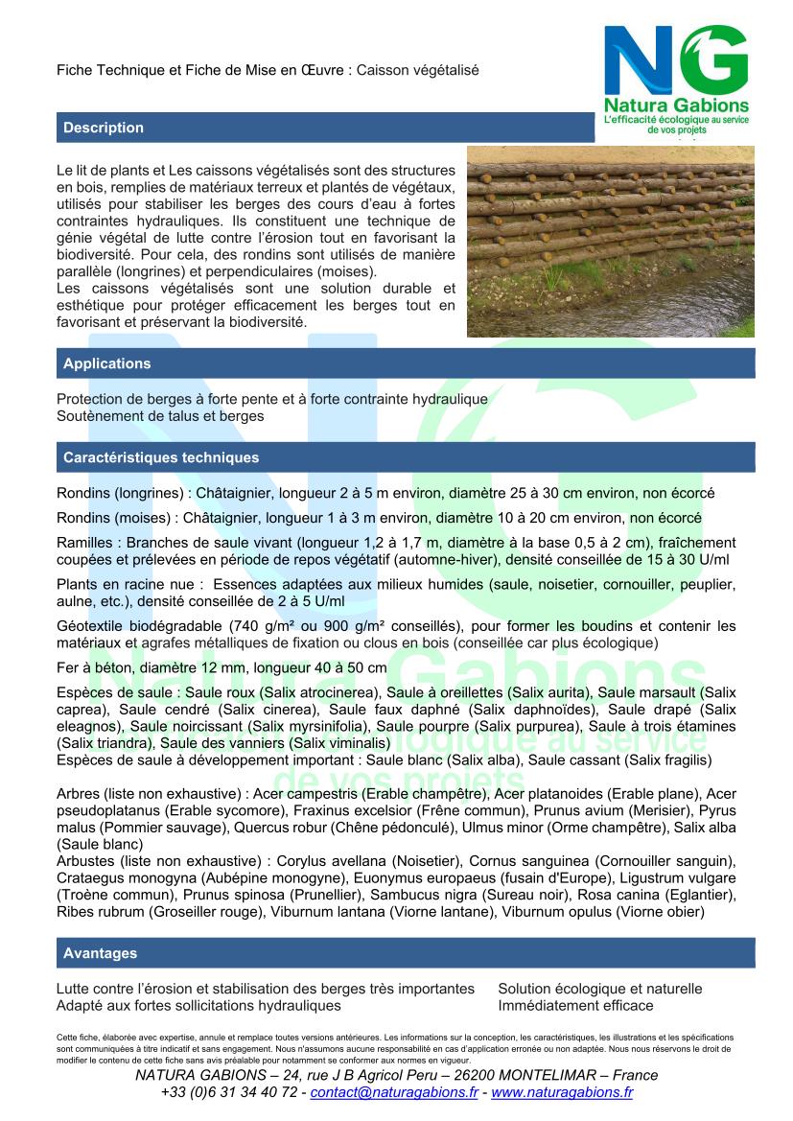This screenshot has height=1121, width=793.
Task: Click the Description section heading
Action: point(104,128)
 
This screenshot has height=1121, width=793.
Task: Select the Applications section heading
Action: point(106,363)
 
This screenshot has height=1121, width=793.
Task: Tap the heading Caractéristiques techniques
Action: point(160,457)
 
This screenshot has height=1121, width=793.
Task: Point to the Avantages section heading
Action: point(100,953)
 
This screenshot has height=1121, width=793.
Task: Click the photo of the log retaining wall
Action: point(610,241)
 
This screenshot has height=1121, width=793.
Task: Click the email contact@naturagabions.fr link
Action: point(395,1092)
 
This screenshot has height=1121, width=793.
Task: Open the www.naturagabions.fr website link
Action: point(561,1092)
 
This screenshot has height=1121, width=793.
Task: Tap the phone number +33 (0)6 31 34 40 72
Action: point(229,1092)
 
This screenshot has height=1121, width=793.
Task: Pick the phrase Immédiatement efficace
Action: point(575,1006)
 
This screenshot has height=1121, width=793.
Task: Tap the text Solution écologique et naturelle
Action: point(599,989)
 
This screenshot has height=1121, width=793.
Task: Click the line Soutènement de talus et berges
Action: point(160,416)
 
